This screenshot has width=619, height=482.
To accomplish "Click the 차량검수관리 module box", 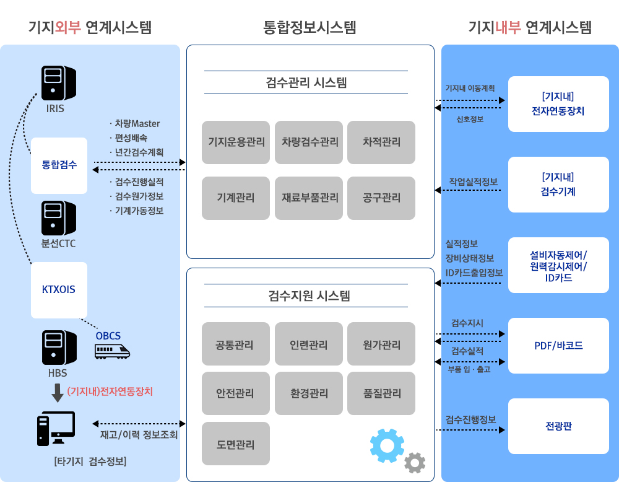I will pos(309,142).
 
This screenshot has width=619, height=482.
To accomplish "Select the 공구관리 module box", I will pos(381,198).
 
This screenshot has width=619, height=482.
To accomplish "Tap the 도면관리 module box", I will pos(236,444).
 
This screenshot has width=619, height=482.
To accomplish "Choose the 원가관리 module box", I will pos(381,344).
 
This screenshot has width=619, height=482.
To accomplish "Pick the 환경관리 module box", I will pos(309,393).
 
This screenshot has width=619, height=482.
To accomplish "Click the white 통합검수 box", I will pos(59,165).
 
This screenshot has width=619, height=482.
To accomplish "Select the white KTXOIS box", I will pos(59,289).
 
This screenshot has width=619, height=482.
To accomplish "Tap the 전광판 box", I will pos(558,426).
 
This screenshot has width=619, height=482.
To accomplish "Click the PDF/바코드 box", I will pos(558,346).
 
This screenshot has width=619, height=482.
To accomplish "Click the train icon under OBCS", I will pos(112,351).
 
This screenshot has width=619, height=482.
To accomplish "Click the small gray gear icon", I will pos(414,463).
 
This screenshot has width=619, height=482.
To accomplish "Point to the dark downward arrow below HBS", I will pos(58,393).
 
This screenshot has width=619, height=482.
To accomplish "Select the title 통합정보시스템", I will pos(309,28).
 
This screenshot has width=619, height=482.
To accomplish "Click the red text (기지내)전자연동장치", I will pos(110,392).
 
